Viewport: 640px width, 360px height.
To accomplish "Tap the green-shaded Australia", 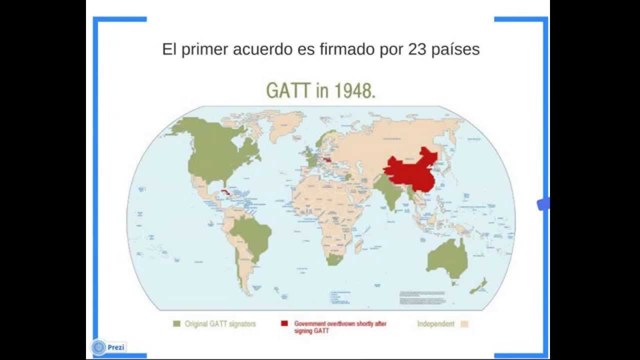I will [447, 259].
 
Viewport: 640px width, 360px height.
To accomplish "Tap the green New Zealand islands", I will [484, 285].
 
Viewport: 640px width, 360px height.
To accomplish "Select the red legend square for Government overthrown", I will [285, 324].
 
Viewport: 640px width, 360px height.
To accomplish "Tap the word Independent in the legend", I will [436, 324].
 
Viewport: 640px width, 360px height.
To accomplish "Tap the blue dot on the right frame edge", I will [543, 204].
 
